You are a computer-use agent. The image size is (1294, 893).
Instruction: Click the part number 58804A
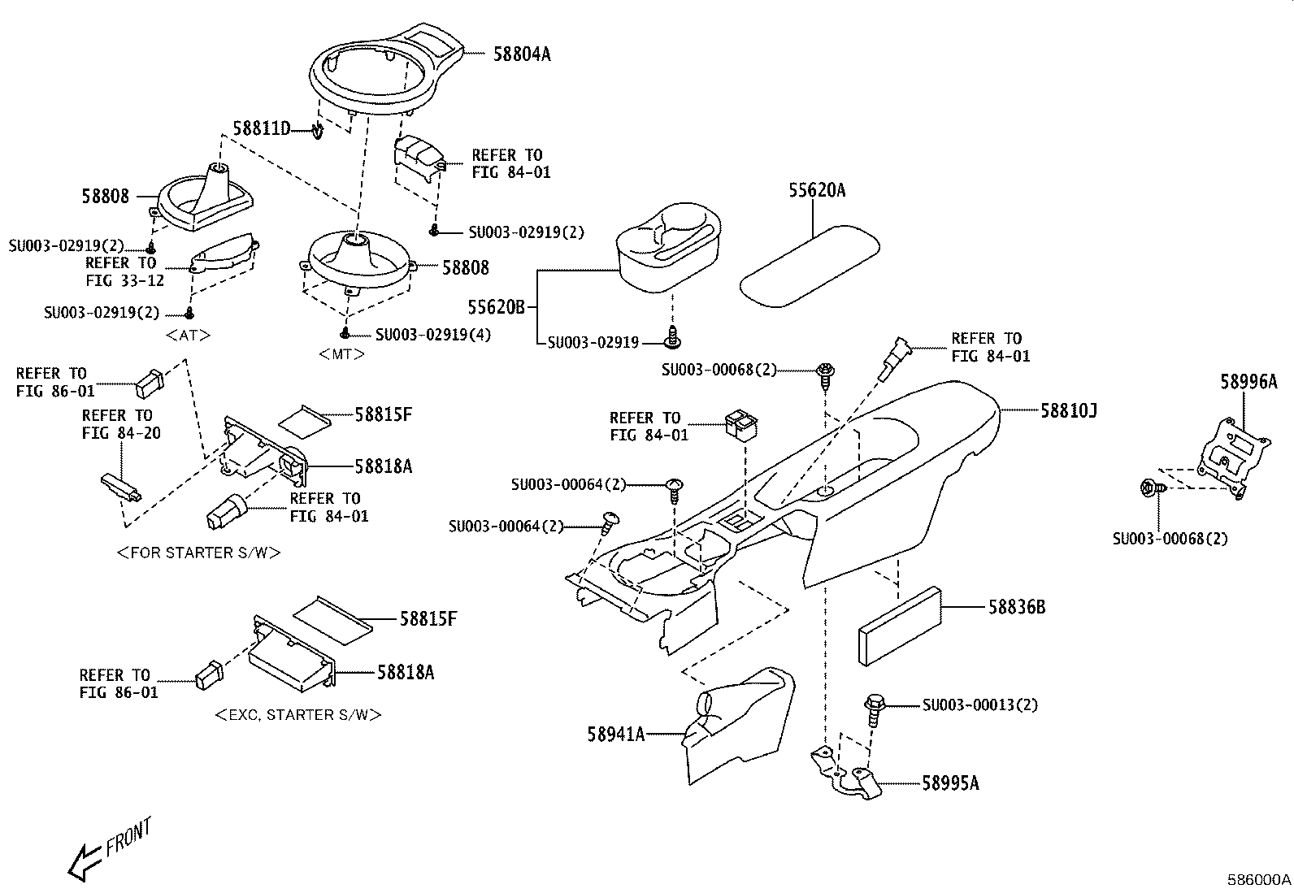pyautogui.click(x=522, y=54)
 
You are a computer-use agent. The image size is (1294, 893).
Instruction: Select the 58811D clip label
pyautogui.click(x=261, y=128)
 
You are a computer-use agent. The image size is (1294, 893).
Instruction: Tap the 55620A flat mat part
pyautogui.click(x=810, y=267)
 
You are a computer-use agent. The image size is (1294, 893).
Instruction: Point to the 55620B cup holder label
pyautogui.click(x=497, y=306)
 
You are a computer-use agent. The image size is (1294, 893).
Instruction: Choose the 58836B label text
pyautogui.click(x=1017, y=607)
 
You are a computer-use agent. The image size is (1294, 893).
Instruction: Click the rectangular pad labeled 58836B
pyautogui.click(x=900, y=626)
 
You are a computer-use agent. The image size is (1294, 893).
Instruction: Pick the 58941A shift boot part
pyautogui.click(x=739, y=726)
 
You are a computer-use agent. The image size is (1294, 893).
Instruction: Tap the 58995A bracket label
pyautogui.click(x=950, y=783)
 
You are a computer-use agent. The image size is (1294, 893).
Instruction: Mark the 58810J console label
pyautogui.click(x=1069, y=410)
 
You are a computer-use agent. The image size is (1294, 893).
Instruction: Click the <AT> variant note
pyautogui.click(x=189, y=335)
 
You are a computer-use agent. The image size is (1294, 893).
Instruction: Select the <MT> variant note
pyautogui.click(x=342, y=354)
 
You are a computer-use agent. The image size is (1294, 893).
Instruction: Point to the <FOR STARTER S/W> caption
pyautogui.click(x=198, y=553)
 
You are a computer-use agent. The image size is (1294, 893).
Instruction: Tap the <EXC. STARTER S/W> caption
pyautogui.click(x=298, y=715)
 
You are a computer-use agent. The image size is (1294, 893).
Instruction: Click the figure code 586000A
pyautogui.click(x=1259, y=880)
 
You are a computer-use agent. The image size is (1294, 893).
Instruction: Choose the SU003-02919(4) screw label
pyautogui.click(x=433, y=335)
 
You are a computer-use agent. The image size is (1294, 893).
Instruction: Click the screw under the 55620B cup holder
pyautogui.click(x=672, y=337)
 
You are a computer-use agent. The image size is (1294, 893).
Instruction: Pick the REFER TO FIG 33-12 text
pyautogui.click(x=125, y=271)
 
